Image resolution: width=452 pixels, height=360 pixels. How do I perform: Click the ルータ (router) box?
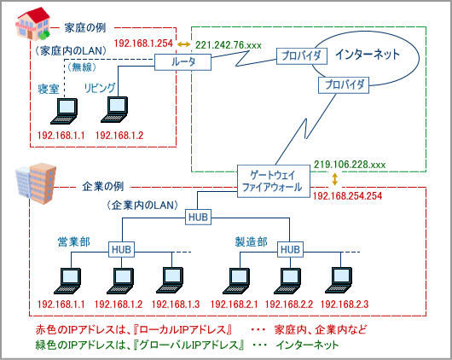tap(183, 62)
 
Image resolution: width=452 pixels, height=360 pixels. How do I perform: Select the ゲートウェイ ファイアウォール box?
tap(272, 180)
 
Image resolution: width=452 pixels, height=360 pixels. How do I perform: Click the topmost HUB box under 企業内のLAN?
tap(198, 218)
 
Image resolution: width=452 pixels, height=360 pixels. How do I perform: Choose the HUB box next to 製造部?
tap(291, 248)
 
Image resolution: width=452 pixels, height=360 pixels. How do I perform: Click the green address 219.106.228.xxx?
tap(350, 164)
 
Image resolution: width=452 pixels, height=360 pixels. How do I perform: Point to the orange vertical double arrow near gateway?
tap(335, 180)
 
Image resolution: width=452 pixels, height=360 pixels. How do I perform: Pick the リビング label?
tap(100, 88)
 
